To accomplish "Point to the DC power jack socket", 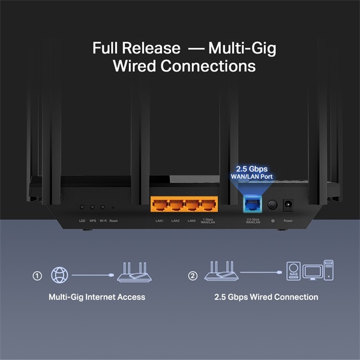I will click(288, 205).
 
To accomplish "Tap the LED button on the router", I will click(82, 207).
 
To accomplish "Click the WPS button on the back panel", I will click(93, 207).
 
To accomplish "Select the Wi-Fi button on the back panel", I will click(103, 207).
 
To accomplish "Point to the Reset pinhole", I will click(113, 208).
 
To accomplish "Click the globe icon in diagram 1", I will click(60, 275).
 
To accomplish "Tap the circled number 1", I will click(37, 276).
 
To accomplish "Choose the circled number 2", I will click(193, 276).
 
